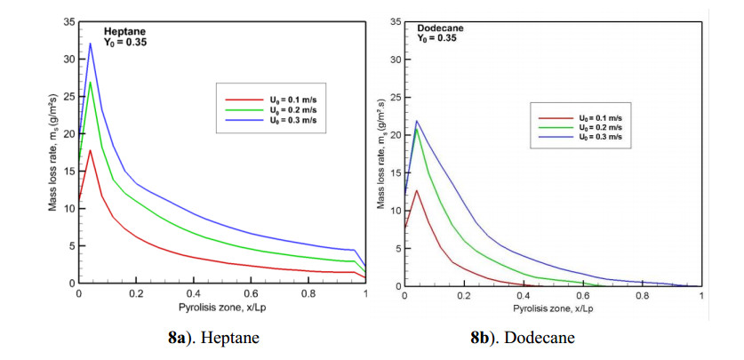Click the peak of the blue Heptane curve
pos(90,44)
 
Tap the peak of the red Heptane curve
pos(90,150)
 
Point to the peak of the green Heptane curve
pos(90,83)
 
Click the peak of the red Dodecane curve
pos(416,190)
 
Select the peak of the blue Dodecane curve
pos(416,121)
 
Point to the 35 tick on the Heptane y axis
pos(68,20)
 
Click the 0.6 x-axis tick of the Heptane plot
pos(252,292)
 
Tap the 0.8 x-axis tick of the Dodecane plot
pos(643,295)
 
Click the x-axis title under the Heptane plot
pos(222,306)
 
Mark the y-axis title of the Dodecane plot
pos(381,155)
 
